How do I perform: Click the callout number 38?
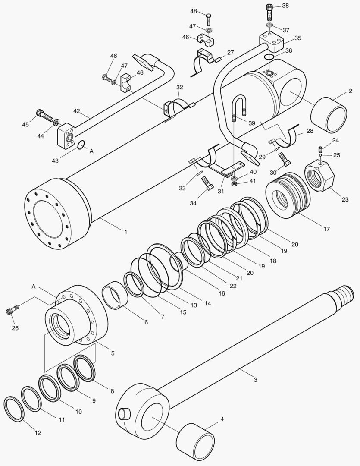coord(285,6)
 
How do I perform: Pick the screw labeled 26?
coord(13,310)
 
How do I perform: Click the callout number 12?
coord(38,433)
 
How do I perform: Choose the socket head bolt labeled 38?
coord(269,12)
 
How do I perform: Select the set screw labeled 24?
coord(320,149)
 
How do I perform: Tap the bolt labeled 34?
coord(207,183)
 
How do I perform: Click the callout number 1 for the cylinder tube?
coord(125,232)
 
